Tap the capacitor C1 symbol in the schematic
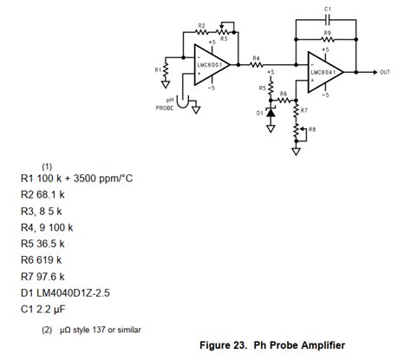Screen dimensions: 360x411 327,20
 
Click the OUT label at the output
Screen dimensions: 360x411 384,72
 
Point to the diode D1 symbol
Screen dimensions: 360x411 271,112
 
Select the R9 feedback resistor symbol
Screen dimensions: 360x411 327,39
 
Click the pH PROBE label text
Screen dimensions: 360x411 167,105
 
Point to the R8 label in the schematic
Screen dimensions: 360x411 312,130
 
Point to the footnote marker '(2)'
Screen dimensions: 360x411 47,330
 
